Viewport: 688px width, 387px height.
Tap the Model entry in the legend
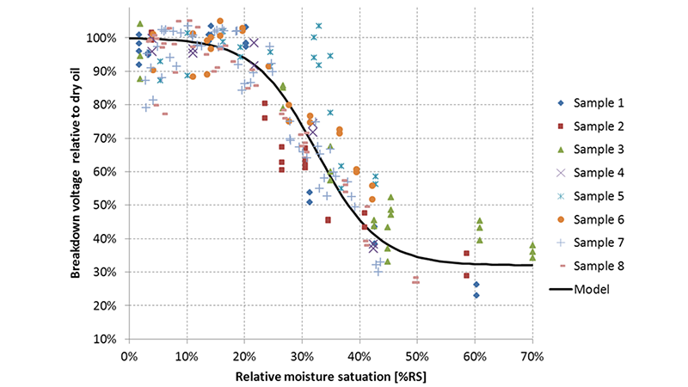(592, 289)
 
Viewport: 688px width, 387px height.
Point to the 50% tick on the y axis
(111, 206)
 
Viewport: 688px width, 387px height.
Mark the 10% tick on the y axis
(111, 339)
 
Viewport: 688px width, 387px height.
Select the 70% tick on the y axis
(111, 138)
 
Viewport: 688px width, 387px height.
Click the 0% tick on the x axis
(129, 354)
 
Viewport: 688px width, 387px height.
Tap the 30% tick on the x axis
(302, 354)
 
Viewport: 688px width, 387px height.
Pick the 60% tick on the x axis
(475, 354)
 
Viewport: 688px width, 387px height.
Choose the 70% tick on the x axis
(532, 354)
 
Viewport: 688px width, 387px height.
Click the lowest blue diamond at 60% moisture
(476, 295)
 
